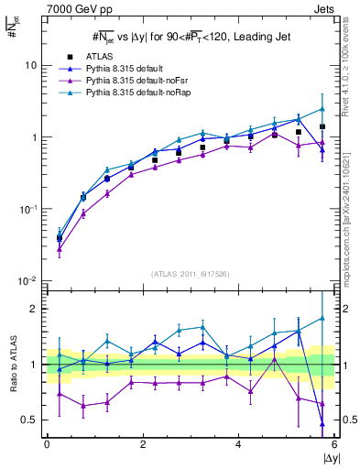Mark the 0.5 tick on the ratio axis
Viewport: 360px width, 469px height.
click(30, 420)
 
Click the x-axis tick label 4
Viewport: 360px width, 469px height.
click(239, 443)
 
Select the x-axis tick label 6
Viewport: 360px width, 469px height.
click(334, 443)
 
